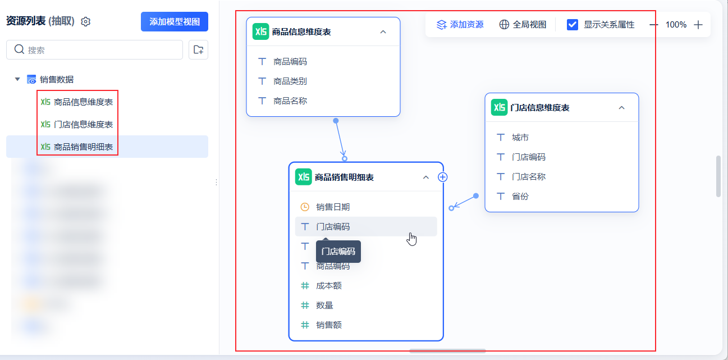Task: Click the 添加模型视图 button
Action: point(174,22)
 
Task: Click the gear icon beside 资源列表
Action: point(86,22)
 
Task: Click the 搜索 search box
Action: point(94,50)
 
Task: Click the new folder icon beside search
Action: point(198,50)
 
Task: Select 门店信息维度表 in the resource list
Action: point(83,124)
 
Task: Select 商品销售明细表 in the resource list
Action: point(83,147)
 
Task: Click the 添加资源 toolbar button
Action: point(460,25)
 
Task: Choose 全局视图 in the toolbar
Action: point(523,25)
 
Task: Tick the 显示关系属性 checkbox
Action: point(573,25)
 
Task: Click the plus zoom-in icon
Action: point(698,25)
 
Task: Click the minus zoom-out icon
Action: point(654,25)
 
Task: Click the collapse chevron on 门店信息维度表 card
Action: point(621,108)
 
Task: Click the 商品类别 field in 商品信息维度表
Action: point(290,81)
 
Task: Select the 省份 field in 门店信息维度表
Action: point(520,197)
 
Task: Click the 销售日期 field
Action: point(332,207)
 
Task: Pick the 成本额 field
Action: point(328,286)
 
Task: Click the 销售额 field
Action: point(328,325)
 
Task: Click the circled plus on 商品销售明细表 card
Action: point(443,177)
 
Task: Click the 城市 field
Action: point(520,138)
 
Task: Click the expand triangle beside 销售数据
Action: point(17,80)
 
